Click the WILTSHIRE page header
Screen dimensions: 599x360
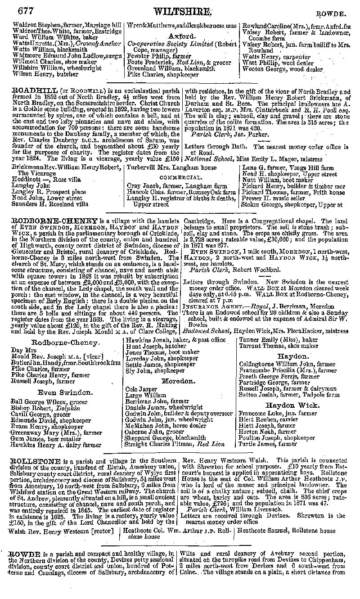(x=182, y=11)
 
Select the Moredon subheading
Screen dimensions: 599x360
(x=179, y=381)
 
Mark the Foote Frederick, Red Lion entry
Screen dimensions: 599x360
(x=173, y=62)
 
